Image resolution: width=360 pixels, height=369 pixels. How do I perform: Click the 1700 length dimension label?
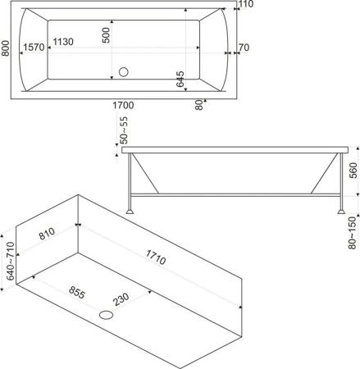[123, 105]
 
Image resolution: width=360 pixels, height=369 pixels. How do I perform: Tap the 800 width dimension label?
[6, 48]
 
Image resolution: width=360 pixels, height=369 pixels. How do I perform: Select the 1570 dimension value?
[34, 48]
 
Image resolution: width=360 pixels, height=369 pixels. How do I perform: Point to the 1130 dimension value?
[63, 42]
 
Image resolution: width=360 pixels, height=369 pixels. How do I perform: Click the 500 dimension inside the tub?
[106, 35]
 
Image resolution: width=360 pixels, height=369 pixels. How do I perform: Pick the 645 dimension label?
[180, 80]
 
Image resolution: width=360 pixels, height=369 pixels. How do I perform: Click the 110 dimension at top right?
[246, 4]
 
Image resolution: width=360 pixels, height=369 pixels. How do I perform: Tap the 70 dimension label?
[244, 48]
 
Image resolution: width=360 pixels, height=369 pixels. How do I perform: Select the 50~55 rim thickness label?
[124, 130]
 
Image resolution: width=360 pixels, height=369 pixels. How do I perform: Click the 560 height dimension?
[353, 171]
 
